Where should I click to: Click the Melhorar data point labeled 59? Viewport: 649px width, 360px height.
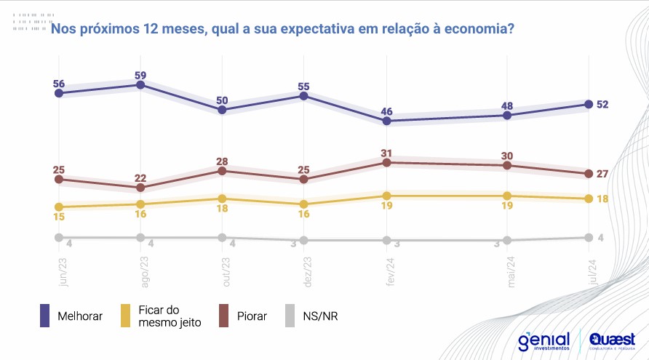click(x=140, y=85)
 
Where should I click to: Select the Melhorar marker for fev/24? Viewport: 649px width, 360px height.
click(x=387, y=121)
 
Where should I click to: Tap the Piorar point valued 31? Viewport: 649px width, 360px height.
click(x=387, y=163)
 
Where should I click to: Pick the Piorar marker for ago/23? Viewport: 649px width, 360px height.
click(x=140, y=188)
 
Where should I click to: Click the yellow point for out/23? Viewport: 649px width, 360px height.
click(x=223, y=199)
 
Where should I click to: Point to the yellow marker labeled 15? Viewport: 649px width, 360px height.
click(x=58, y=207)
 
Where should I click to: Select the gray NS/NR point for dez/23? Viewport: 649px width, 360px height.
click(x=304, y=240)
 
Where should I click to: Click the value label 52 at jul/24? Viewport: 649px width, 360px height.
click(x=602, y=104)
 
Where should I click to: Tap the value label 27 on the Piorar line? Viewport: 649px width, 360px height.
click(x=602, y=174)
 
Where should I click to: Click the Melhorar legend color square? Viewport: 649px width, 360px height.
click(x=45, y=316)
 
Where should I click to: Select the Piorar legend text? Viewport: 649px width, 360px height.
click(x=252, y=316)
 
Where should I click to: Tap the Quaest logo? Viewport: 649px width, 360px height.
click(x=612, y=340)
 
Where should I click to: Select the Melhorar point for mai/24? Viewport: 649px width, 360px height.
click(x=507, y=115)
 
